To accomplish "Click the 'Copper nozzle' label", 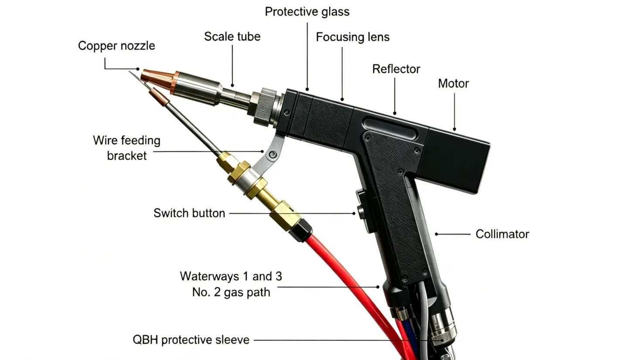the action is click(x=116, y=46).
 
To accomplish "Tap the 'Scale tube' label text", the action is click(x=232, y=37).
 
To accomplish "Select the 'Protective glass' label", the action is click(x=307, y=12).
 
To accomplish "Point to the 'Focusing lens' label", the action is click(x=353, y=37).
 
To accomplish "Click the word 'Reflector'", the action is click(x=396, y=69).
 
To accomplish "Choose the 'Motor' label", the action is click(x=453, y=83).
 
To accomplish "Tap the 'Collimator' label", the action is click(x=502, y=234).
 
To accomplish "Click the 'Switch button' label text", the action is click(x=189, y=213).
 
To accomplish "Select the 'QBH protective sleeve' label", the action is click(x=191, y=340).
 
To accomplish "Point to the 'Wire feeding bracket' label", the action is click(x=127, y=148).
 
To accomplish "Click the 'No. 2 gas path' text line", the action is click(x=231, y=292).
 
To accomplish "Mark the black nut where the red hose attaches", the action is click(x=300, y=230).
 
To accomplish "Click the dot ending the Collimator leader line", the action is click(x=436, y=234).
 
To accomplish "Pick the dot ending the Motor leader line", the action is click(x=455, y=129).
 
